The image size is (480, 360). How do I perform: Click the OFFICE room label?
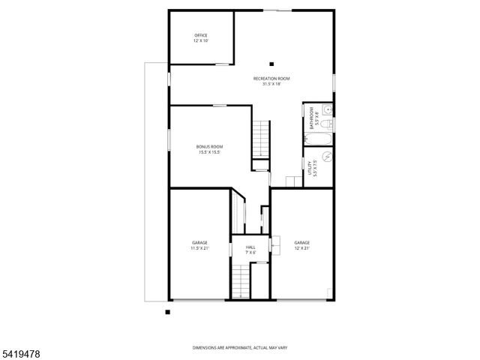coord(200,35)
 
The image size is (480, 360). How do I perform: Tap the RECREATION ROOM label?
coord(271,79)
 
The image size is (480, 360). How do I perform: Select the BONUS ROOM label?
coord(209,146)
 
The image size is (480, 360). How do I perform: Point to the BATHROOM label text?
coord(311,117)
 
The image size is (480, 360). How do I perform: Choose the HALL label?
coord(250,247)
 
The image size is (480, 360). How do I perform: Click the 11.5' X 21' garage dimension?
coord(199,247)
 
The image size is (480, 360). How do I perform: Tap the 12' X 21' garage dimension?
coord(302,247)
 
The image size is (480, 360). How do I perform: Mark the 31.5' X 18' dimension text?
coord(271,84)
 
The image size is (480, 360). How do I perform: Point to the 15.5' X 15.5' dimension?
coord(209,151)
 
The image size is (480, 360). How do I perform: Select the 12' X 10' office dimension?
coord(200,40)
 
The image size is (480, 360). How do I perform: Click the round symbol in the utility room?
coord(327,158)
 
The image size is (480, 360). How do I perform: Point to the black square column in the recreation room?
coord(272,64)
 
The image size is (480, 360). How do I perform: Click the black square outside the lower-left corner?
coord(168,311)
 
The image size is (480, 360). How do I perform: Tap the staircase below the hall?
coord(240,283)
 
